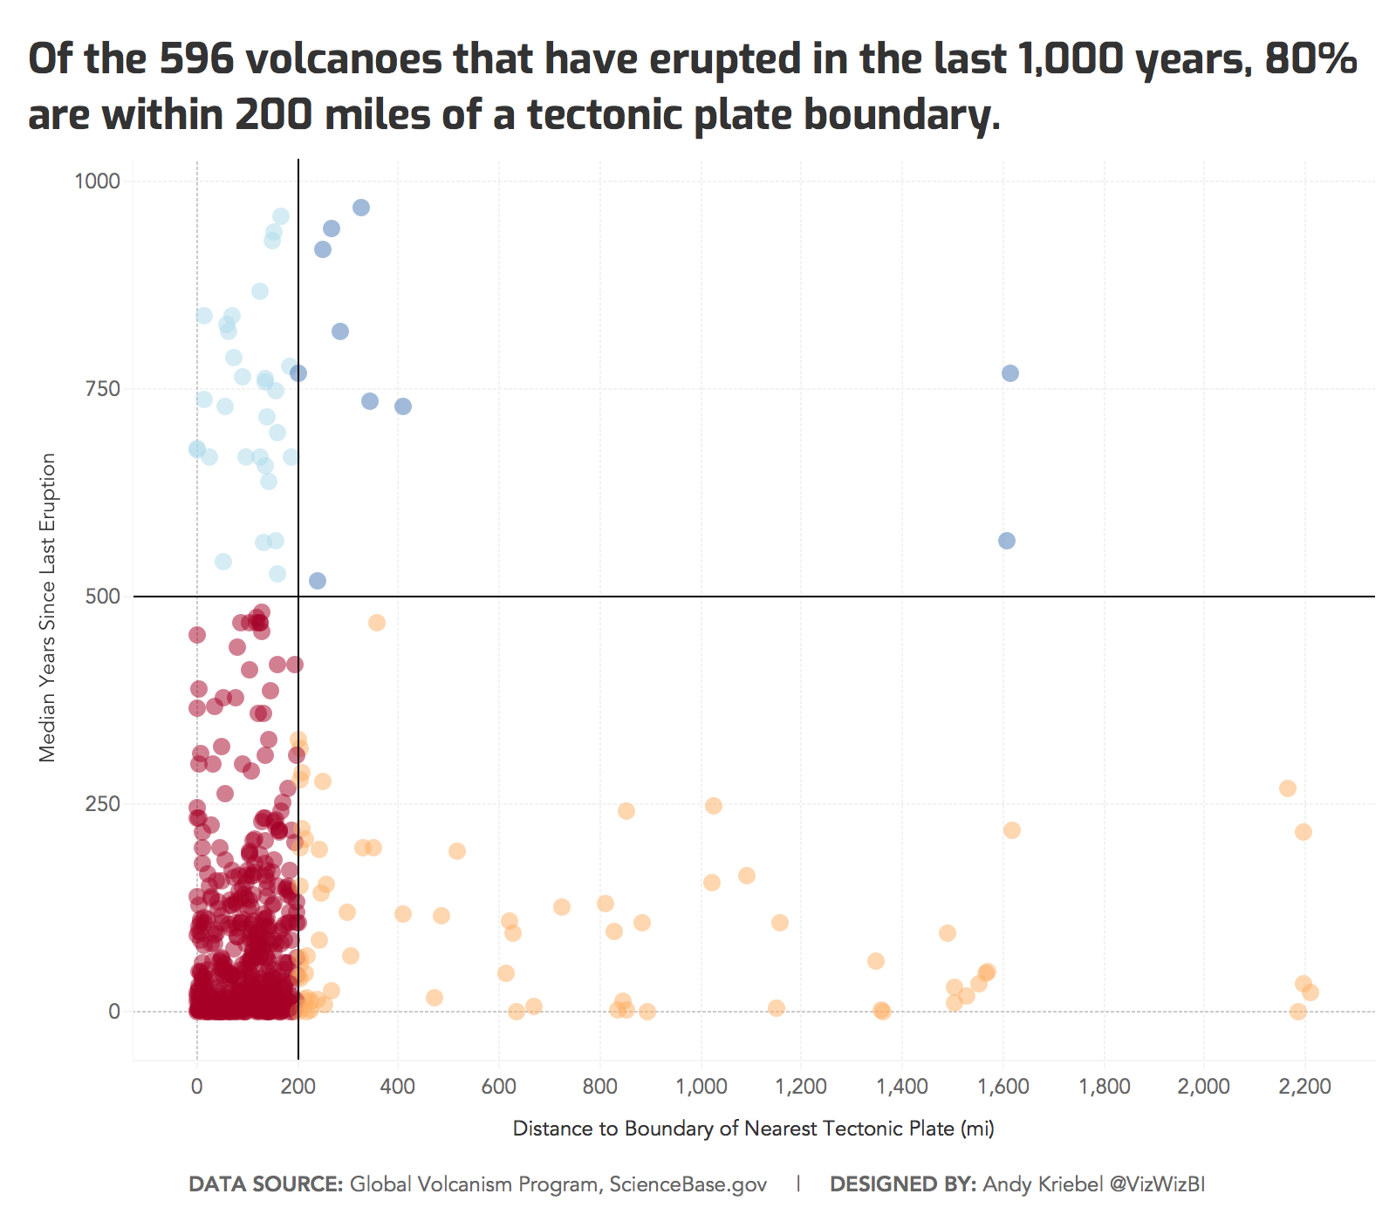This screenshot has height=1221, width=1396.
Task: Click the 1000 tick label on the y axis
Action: click(x=97, y=181)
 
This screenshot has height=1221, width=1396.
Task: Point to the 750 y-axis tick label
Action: click(x=102, y=389)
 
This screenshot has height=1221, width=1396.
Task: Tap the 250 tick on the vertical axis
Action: click(x=102, y=804)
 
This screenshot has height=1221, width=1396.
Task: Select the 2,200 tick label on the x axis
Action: click(x=1304, y=1087)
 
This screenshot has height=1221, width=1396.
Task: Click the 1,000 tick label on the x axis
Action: click(x=701, y=1087)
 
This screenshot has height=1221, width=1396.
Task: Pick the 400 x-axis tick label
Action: click(x=398, y=1087)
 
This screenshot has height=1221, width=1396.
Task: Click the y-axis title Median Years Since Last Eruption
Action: click(x=47, y=607)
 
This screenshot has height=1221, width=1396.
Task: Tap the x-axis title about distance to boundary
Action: click(x=753, y=1129)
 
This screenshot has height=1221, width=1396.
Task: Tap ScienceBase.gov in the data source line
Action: click(x=688, y=1184)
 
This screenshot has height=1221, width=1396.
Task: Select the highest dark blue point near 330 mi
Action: click(x=360, y=208)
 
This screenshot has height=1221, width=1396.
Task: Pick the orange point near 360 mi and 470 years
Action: click(x=376, y=623)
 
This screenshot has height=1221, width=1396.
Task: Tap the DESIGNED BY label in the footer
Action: click(x=902, y=1184)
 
